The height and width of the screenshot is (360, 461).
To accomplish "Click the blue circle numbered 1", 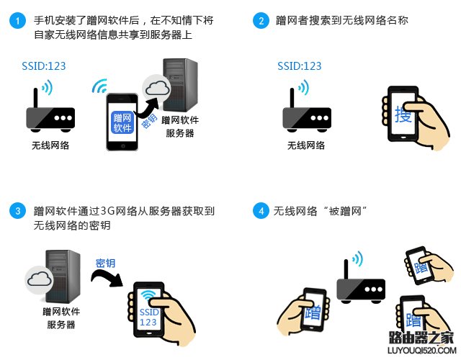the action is pos(17,21).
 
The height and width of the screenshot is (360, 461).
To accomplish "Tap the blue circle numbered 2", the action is pos(261,21).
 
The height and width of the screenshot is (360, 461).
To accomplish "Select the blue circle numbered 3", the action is pos(17,211).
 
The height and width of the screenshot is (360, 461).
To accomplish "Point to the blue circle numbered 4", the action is pos(261,211).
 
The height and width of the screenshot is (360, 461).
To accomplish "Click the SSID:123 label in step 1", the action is pos(44,66).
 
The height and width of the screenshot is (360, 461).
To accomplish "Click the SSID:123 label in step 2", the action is pos(300,66).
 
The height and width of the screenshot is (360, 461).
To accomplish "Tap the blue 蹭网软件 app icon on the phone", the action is pos(122,123).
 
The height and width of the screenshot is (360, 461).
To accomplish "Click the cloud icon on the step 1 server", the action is pos(157,88).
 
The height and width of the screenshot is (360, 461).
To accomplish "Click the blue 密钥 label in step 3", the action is pos(105,263).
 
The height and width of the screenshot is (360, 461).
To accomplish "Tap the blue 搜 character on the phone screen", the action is pos(403,114).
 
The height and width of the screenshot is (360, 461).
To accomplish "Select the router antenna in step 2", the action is pos(292,98).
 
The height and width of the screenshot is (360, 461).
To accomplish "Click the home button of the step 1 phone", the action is pos(122,145).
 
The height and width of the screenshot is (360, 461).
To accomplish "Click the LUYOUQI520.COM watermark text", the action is pos(422,351).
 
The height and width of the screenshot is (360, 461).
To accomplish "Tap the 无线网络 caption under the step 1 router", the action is pos(50,145).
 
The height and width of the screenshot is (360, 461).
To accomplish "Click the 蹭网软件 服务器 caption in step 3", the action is pos(61,318).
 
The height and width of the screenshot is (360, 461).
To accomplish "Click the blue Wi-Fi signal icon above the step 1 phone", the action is pos(99,86).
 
